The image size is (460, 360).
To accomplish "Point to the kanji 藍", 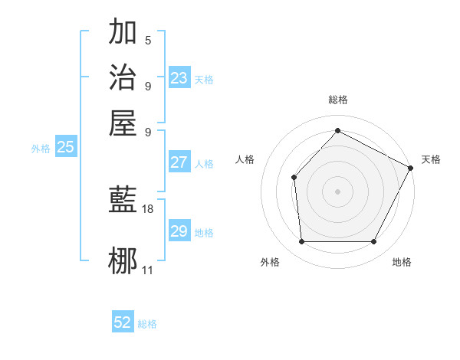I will (123, 200).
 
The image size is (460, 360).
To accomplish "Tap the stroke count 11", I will (148, 270).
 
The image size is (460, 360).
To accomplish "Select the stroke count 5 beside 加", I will (148, 41).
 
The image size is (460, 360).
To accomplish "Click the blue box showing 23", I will (179, 77).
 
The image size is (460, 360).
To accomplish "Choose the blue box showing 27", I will (179, 162).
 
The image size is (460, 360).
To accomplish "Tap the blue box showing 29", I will (179, 231).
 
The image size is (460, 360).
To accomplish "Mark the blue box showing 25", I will (65, 148).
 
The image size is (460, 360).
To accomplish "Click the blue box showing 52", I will (123, 322).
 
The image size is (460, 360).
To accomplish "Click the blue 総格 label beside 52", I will (147, 324).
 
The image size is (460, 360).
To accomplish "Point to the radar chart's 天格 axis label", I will (431, 159).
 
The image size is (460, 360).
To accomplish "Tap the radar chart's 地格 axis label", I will (402, 262).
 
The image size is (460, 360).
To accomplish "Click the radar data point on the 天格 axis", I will (411, 168).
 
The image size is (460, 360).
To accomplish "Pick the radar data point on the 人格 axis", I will (294, 178).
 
